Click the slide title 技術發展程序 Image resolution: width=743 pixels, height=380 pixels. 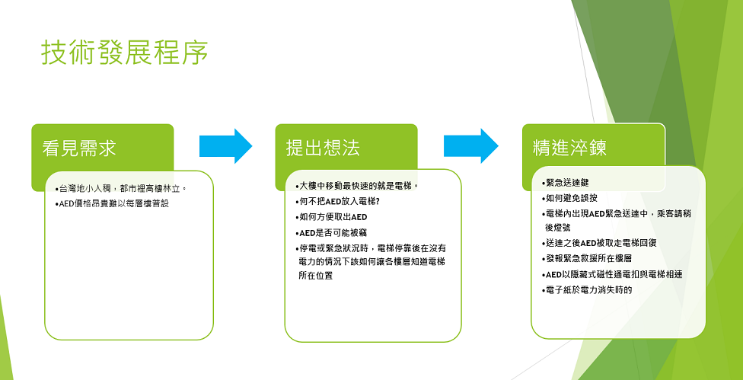(125, 53)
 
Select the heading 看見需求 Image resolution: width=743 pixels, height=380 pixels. (79, 148)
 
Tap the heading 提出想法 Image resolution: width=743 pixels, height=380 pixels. (324, 148)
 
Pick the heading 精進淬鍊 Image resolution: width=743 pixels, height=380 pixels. (569, 148)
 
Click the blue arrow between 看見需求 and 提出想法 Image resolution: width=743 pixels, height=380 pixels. (225, 146)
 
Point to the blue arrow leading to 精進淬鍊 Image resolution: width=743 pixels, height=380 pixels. (471, 146)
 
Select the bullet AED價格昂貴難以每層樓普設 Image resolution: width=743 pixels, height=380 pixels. (112, 204)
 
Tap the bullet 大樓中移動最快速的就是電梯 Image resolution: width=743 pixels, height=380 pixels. (356, 185)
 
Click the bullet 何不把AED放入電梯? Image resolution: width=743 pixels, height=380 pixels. (337, 201)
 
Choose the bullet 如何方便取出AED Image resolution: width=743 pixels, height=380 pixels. (331, 217)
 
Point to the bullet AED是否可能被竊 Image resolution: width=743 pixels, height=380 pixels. (331, 232)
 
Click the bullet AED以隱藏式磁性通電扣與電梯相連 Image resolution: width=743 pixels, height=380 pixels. (612, 274)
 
